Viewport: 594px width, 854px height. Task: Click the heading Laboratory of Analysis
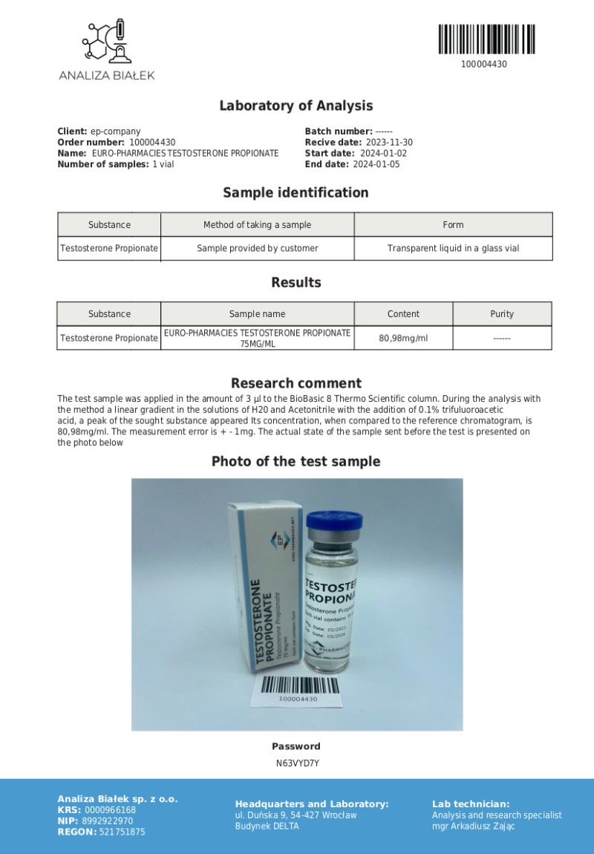[x=296, y=105]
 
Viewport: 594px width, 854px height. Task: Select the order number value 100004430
[x=152, y=142]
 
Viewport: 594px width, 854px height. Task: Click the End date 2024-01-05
[x=376, y=164]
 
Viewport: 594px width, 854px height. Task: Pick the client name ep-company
[x=115, y=131]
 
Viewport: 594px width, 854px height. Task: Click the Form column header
[x=453, y=224]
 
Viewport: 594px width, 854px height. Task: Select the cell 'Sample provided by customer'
[x=257, y=248]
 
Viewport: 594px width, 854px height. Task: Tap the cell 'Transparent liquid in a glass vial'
[x=453, y=248]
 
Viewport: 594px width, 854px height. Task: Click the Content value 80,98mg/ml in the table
[x=403, y=338]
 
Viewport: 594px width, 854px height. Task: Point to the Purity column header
[x=502, y=313]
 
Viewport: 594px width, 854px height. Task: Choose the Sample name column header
[x=257, y=313]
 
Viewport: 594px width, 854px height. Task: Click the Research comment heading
[x=296, y=383]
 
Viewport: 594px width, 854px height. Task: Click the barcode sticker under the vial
[x=298, y=689]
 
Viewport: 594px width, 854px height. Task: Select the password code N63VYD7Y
[x=296, y=763]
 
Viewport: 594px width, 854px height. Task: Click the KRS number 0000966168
[x=111, y=810]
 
